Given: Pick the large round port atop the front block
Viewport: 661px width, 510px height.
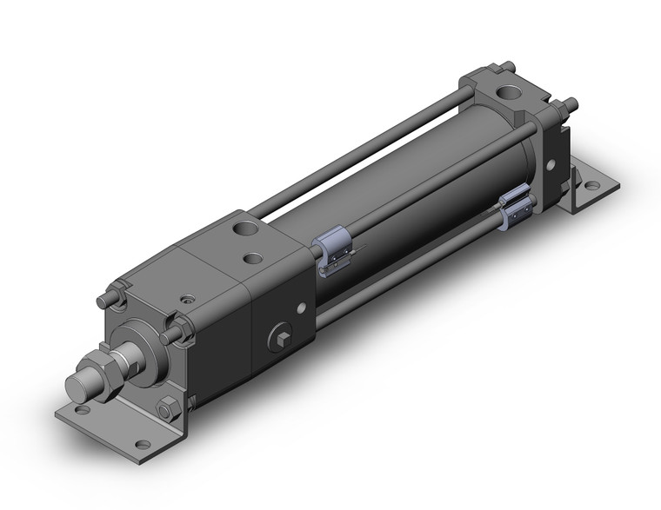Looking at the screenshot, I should (243, 230).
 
